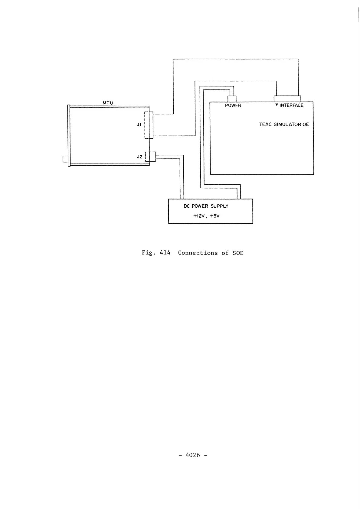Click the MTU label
point(107,103)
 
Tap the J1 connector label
point(139,125)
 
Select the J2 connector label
point(139,157)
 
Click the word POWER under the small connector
point(233,105)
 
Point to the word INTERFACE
point(291,105)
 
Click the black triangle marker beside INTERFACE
point(277,105)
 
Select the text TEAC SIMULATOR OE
point(284,124)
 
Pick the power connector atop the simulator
point(232,99)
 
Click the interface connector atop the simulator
point(287,99)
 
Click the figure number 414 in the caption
point(165,253)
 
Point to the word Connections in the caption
point(198,253)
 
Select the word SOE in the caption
point(238,253)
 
